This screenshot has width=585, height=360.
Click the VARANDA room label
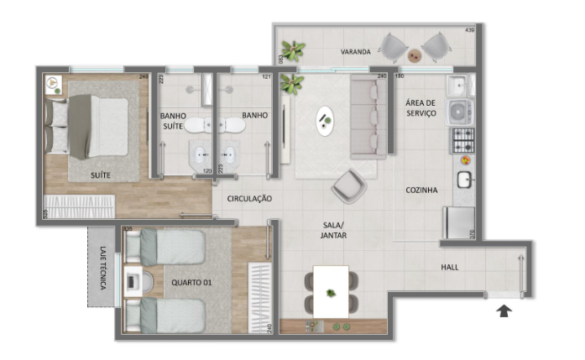355,52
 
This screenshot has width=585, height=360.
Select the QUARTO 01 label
191,283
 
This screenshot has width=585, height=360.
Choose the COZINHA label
421,190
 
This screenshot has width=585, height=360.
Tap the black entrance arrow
504,312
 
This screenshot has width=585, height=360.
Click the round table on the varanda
415,55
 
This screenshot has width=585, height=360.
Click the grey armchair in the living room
348,185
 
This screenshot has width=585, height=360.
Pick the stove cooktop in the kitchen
462,140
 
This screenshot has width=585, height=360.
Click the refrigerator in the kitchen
458,222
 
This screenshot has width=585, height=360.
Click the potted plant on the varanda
293,51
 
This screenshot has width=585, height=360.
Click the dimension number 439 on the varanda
469,31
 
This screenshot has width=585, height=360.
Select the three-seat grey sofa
367,117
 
